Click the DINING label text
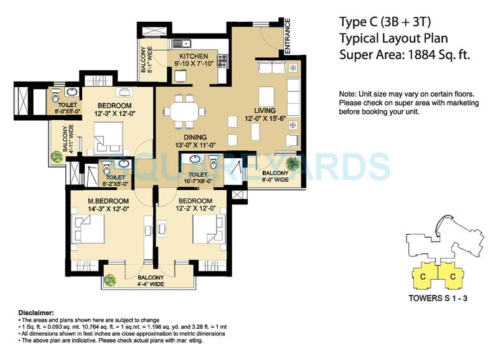click(194, 138)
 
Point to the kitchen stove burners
click(222, 60)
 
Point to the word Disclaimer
click(36, 313)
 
